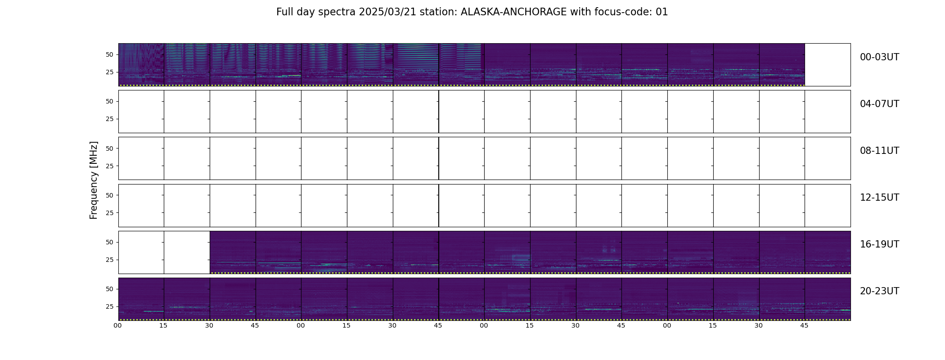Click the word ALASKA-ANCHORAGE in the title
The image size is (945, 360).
pyautogui.click(x=513, y=12)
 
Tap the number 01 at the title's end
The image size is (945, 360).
pyautogui.click(x=662, y=12)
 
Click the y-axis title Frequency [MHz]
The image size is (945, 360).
pyautogui.click(x=94, y=180)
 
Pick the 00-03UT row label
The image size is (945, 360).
pyautogui.click(x=879, y=57)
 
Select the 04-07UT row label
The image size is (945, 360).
pyautogui.click(x=879, y=104)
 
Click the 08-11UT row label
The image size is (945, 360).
pyautogui.click(x=879, y=151)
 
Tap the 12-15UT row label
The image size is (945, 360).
pyautogui.click(x=879, y=198)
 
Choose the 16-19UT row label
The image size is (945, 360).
pyautogui.click(x=879, y=244)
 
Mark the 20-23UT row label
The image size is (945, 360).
pyautogui.click(x=879, y=291)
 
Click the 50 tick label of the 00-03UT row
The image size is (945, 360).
pyautogui.click(x=109, y=54)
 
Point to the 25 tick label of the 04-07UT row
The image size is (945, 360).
pyautogui.click(x=109, y=119)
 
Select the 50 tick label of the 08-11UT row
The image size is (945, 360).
pyautogui.click(x=109, y=148)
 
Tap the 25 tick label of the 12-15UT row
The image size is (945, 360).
pyautogui.click(x=109, y=213)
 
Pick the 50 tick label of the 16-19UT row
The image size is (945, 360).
pyautogui.click(x=109, y=242)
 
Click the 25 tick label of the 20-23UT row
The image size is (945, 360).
pyautogui.click(x=109, y=306)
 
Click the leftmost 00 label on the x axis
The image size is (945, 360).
pyautogui.click(x=118, y=326)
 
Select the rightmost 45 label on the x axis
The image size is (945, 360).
pyautogui.click(x=804, y=326)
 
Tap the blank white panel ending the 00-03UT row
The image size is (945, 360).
pyautogui.click(x=828, y=65)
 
